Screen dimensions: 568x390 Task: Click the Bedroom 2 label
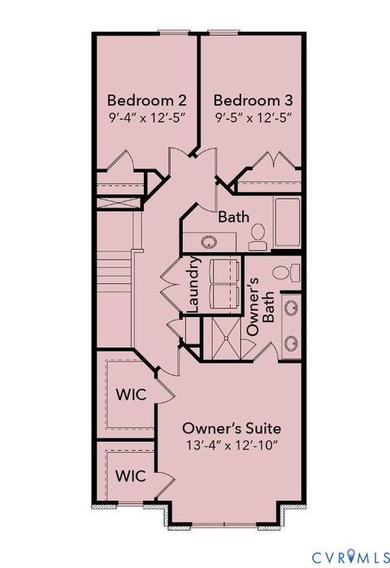point(147,100)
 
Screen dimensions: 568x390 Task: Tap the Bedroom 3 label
point(253,100)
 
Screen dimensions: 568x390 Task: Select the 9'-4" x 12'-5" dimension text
point(147,117)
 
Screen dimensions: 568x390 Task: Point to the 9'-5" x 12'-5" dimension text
point(253,117)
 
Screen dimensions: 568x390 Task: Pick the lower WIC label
point(131,475)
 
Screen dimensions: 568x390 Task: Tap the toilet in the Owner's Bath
point(284,273)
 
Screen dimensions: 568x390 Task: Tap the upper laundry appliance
point(222,271)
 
